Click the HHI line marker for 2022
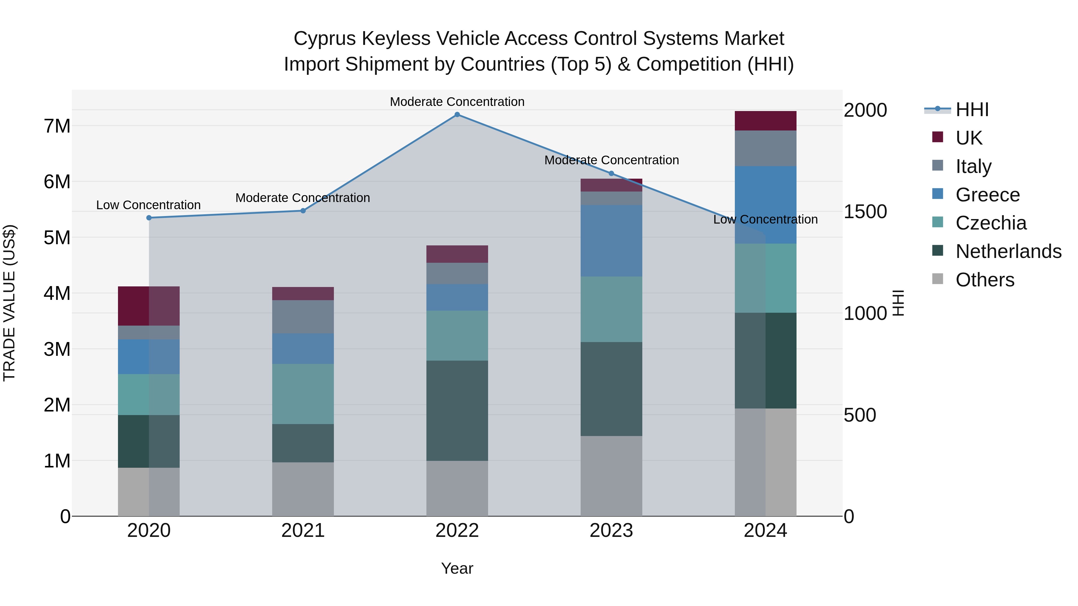point(457,115)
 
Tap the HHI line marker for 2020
point(149,218)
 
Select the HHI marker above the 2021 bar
point(303,211)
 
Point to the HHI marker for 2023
point(611,174)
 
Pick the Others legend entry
point(985,280)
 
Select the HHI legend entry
point(972,110)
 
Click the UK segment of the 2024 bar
point(765,121)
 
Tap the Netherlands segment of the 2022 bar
point(457,411)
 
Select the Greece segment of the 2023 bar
point(611,241)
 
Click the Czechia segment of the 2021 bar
point(303,394)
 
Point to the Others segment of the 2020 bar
point(149,492)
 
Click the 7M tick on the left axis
point(57,126)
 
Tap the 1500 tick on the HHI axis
point(864,212)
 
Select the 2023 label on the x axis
point(611,531)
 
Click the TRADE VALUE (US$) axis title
point(9,303)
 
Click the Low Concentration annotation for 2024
point(765,220)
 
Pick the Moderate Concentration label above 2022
point(457,102)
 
